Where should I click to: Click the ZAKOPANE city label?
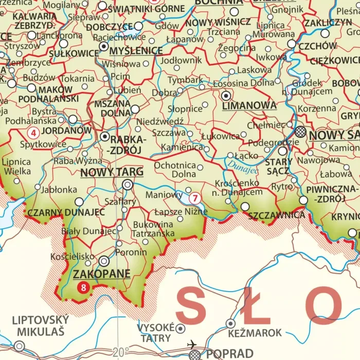(102, 274)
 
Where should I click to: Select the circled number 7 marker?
(194, 198)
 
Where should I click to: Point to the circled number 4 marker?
(33, 133)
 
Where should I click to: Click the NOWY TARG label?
(112, 172)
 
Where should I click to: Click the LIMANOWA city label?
(249, 106)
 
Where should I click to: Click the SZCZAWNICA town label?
(277, 215)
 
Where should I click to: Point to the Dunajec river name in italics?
(240, 165)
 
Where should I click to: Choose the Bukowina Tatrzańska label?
(153, 229)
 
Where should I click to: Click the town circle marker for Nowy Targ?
(127, 184)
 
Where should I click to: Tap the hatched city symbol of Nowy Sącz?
(300, 132)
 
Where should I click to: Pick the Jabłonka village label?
(59, 189)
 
